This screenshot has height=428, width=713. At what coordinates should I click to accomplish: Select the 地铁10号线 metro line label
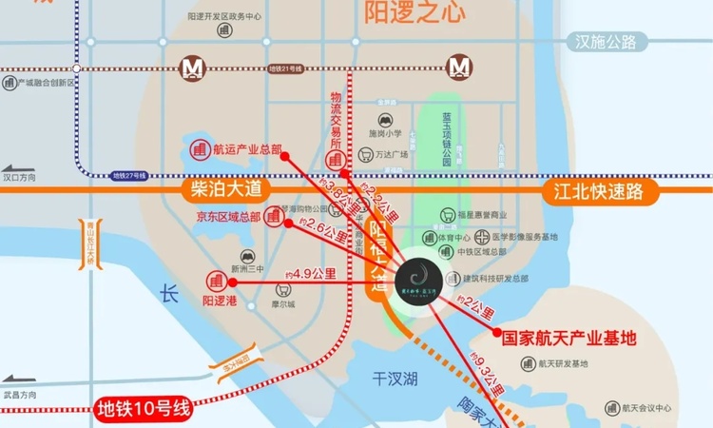(x=145, y=409)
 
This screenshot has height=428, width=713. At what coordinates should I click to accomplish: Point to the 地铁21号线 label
(x=284, y=68)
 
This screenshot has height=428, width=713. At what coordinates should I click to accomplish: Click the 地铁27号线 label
(x=130, y=175)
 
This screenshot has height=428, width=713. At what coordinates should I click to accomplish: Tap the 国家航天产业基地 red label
(x=568, y=337)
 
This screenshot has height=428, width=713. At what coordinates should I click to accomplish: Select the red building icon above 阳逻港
(x=216, y=282)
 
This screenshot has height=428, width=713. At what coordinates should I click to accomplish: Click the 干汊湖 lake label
(x=395, y=379)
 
